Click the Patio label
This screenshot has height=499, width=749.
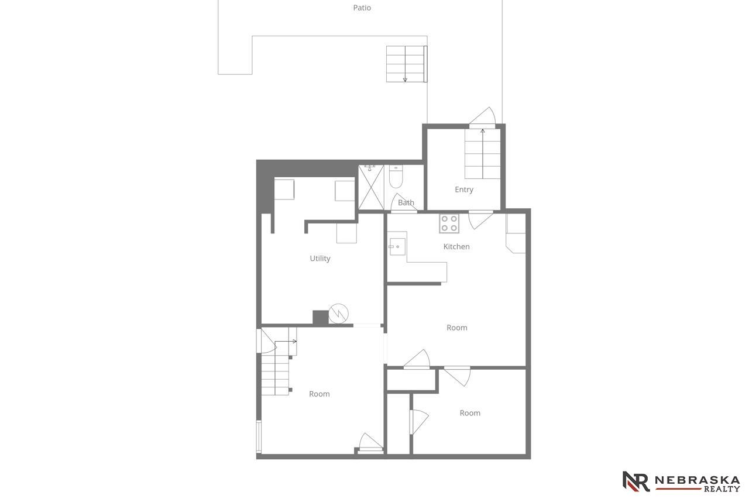[362, 8]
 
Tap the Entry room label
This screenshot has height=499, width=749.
[464, 190]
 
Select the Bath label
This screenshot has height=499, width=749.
[406, 202]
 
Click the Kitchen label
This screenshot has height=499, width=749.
[456, 247]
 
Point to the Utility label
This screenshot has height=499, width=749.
[320, 259]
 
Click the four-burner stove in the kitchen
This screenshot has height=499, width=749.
[449, 223]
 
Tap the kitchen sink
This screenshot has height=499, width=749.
[397, 247]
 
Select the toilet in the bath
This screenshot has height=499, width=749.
[396, 177]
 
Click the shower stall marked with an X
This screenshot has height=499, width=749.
[371, 187]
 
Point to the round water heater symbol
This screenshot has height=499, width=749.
[338, 314]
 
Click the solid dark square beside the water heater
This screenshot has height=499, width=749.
[320, 317]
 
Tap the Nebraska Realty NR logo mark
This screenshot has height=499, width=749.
[635, 481]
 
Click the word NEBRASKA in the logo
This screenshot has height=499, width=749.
[697, 480]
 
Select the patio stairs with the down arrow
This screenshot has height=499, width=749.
[407, 64]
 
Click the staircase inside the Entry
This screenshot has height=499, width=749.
[483, 154]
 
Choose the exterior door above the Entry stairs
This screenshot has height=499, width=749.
[482, 118]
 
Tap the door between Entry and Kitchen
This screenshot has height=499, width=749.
[481, 219]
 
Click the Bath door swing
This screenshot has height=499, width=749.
[404, 202]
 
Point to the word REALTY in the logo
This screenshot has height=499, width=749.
[722, 488]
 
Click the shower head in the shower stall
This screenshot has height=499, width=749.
[369, 167]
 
